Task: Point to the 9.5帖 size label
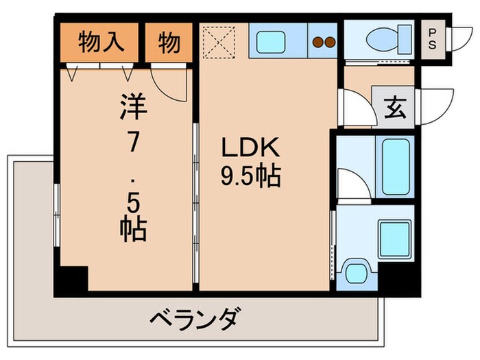[x=250, y=178]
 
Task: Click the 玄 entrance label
[x=393, y=107]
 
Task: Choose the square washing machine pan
[x=395, y=237]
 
